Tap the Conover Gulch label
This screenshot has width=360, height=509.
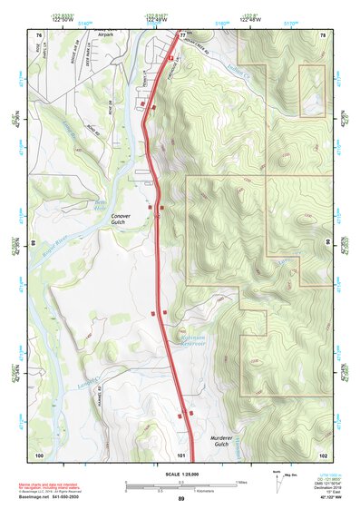click(x=122, y=219)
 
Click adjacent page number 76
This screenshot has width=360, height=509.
click(x=38, y=34)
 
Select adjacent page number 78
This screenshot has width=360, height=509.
click(x=323, y=34)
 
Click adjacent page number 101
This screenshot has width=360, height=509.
click(x=181, y=454)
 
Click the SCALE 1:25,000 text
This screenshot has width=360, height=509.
click(x=180, y=474)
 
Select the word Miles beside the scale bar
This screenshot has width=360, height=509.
click(x=242, y=482)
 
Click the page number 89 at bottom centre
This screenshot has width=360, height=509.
click(x=180, y=499)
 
